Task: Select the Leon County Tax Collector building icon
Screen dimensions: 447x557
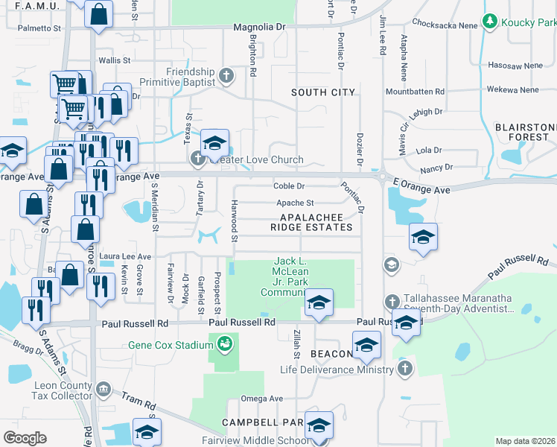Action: point(103,389)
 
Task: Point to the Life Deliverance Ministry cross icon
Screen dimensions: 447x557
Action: point(404,370)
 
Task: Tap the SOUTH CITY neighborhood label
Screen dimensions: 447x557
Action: point(322,92)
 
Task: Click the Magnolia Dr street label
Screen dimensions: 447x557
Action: point(259,27)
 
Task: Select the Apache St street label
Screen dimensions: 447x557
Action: point(295,203)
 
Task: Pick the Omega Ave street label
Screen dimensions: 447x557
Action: point(266,399)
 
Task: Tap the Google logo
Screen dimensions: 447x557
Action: point(25,437)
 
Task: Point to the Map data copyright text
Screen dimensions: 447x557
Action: point(525,441)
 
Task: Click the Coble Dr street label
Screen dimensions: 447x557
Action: point(289,186)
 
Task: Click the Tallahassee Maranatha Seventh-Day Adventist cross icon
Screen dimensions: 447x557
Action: point(393,302)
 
